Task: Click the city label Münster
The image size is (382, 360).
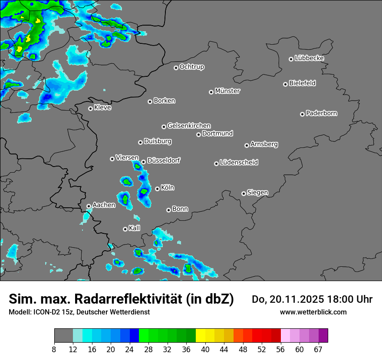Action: coord(227,91)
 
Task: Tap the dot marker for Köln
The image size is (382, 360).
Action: coord(157,189)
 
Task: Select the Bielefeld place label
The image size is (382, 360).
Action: coord(302,83)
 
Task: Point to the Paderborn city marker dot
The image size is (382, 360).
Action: coord(302,114)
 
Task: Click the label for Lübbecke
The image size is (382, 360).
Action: coord(309,58)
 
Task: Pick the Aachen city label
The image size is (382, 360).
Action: coord(104,205)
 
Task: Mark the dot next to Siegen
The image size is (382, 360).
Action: coord(244,193)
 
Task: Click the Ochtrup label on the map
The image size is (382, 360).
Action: coord(191,67)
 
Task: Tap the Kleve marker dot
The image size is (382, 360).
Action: coord(90,108)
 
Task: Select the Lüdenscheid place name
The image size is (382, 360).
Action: coord(239,163)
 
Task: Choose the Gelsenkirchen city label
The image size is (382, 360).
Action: coord(189,126)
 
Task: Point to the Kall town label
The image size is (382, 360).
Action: coord(135,228)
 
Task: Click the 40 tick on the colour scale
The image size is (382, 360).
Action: coord(205,350)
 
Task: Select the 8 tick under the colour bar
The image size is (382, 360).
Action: coord(54,350)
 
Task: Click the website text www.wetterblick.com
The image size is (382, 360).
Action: coord(313,312)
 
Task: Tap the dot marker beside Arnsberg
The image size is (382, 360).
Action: coord(247,145)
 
